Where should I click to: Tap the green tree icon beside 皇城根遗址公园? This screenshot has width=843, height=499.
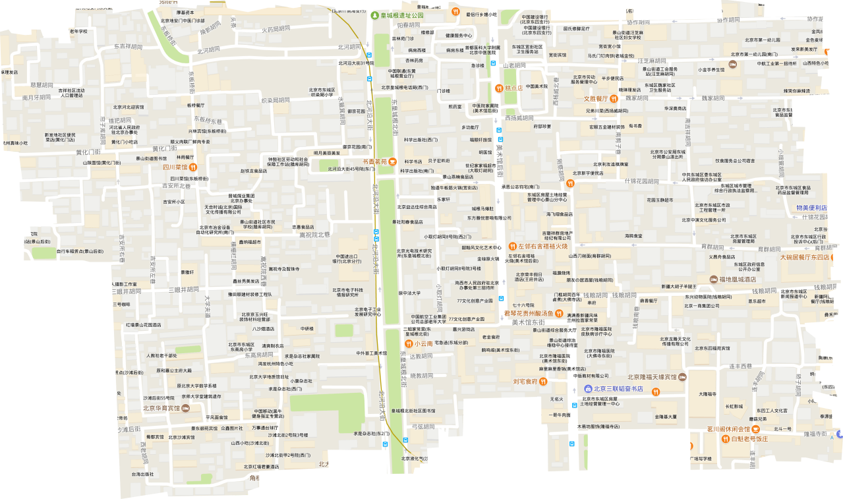374,15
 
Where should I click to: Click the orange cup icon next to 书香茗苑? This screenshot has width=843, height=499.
392,161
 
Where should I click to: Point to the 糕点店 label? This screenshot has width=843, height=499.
513,87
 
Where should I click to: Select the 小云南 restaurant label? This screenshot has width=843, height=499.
423,343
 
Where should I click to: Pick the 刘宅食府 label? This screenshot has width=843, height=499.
525,382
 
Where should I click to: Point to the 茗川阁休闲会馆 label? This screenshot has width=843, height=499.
729,429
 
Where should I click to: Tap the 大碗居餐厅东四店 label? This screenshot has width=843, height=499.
805,257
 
